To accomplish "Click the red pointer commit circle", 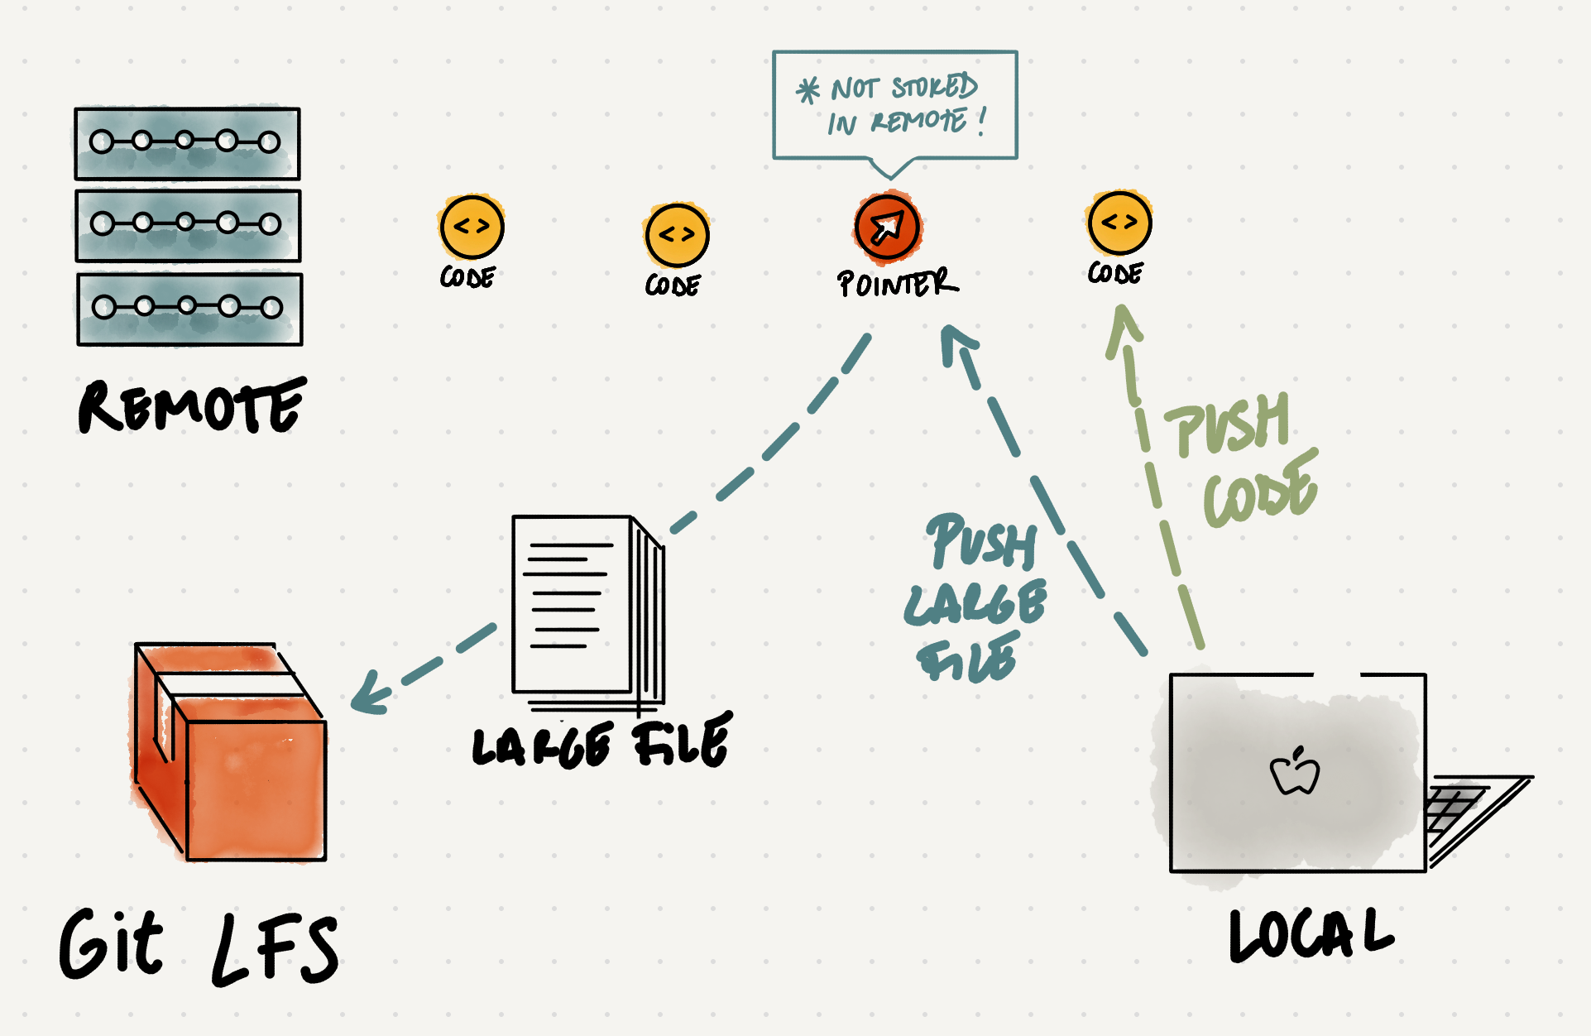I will (x=887, y=227).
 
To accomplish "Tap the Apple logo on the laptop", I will (x=1295, y=772).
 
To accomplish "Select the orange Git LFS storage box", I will (x=229, y=753).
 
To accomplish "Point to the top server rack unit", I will (x=187, y=143).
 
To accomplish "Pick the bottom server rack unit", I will (x=189, y=309).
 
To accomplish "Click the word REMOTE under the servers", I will (x=192, y=406).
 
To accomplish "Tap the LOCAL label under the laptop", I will (x=1311, y=935).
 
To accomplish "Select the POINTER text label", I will (x=897, y=283).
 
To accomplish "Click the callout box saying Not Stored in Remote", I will (x=894, y=105).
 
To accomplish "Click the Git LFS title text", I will (x=199, y=947).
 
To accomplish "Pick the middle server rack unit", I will (x=188, y=225).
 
